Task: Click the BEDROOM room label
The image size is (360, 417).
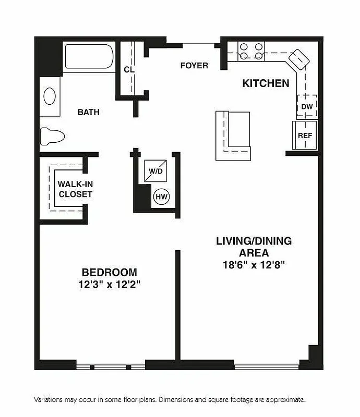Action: pyautogui.click(x=109, y=272)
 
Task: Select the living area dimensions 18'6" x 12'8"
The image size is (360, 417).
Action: pyautogui.click(x=254, y=265)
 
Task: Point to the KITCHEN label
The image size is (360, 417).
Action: pyautogui.click(x=266, y=83)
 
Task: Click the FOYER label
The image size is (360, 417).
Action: pyautogui.click(x=194, y=66)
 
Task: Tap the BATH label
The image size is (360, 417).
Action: pyautogui.click(x=88, y=112)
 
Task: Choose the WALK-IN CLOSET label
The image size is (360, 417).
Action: pyautogui.click(x=75, y=189)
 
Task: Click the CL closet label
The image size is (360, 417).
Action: pyautogui.click(x=128, y=70)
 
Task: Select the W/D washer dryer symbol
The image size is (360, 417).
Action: pyautogui.click(x=154, y=170)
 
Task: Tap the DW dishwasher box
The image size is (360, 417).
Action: pyautogui.click(x=307, y=106)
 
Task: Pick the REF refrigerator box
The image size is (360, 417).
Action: pyautogui.click(x=305, y=136)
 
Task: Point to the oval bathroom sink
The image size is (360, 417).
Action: pyautogui.click(x=50, y=96)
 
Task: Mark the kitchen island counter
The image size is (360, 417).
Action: pyautogui.click(x=233, y=134)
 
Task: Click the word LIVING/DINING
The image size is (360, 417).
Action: pyautogui.click(x=254, y=241)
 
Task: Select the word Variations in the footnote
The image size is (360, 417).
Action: pyautogui.click(x=51, y=400)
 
